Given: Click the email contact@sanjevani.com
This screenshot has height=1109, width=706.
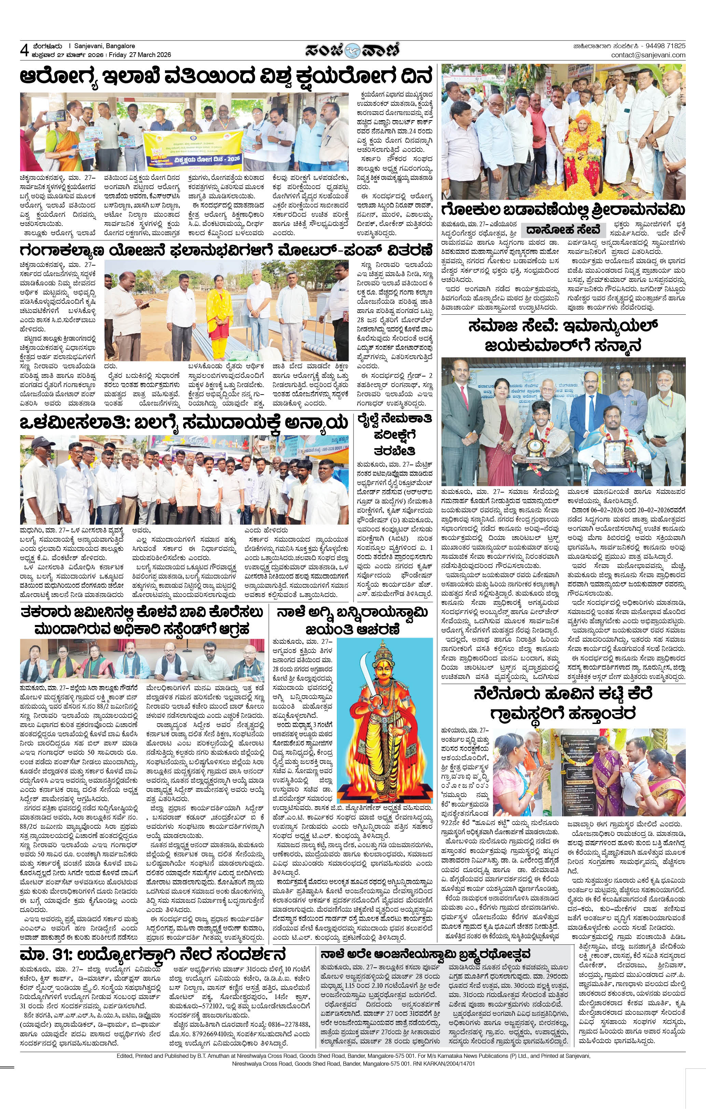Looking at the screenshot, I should [648, 55].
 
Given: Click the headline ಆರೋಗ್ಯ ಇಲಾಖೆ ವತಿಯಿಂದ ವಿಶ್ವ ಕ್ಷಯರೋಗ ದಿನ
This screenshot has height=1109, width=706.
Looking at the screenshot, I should [226, 76].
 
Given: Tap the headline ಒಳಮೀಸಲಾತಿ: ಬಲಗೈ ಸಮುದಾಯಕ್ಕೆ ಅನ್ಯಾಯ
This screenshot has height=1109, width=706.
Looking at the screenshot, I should [182, 422].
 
